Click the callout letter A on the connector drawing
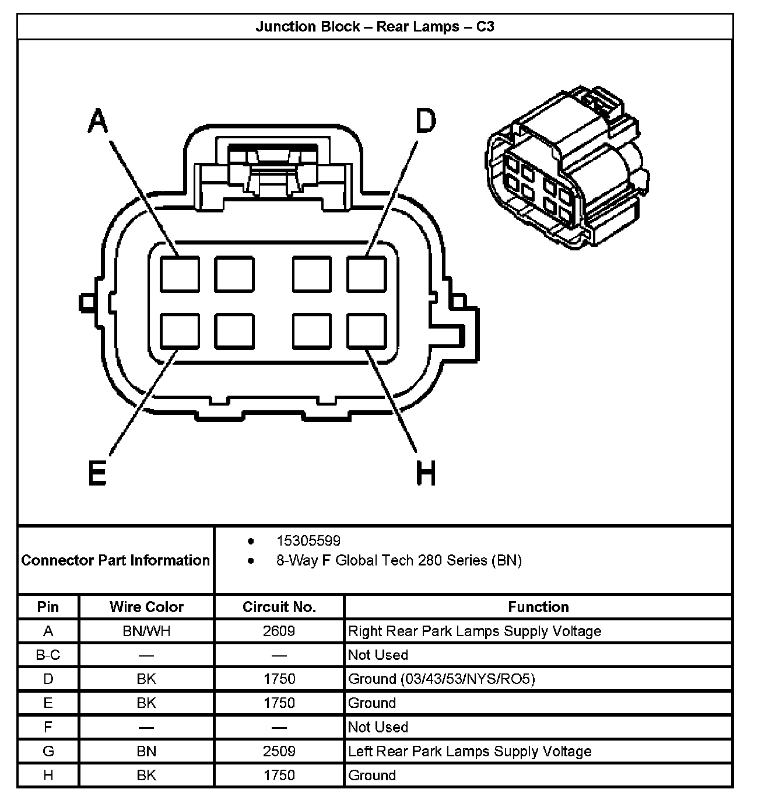click(x=98, y=122)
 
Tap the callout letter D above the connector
click(x=426, y=122)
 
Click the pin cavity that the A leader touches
click(x=180, y=274)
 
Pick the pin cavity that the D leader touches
click(x=367, y=274)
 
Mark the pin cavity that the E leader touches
click(x=180, y=331)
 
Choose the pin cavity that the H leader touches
click(x=367, y=331)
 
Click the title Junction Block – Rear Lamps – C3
click(x=375, y=27)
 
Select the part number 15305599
click(x=308, y=540)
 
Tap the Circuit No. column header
click(x=279, y=607)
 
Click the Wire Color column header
click(x=146, y=607)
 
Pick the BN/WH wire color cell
click(x=146, y=631)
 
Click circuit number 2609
click(x=279, y=631)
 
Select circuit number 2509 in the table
click(x=279, y=751)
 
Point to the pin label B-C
click(x=48, y=655)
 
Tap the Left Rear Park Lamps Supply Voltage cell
click(x=469, y=751)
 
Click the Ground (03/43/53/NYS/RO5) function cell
click(x=441, y=679)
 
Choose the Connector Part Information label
click(x=115, y=560)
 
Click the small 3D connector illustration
click(x=566, y=169)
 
